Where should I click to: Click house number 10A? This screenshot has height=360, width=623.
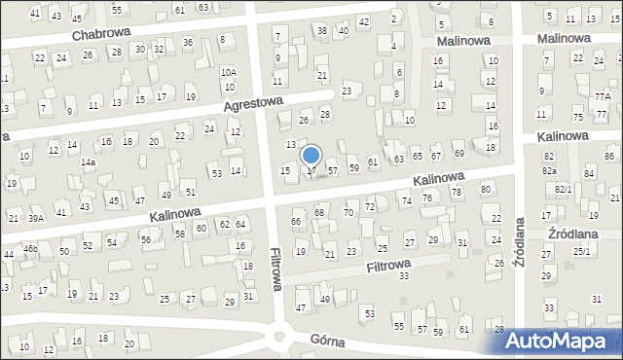[228, 72]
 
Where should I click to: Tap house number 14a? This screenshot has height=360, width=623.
[88, 162]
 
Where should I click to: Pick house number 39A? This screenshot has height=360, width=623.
[36, 219]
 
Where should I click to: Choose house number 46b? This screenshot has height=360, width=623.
[30, 250]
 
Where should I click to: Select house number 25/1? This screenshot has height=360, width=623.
[581, 252]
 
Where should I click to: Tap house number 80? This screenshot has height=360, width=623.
[485, 189]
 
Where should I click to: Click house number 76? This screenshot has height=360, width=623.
[426, 198]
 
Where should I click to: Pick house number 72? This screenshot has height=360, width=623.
[369, 207]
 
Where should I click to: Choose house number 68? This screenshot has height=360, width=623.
[318, 212]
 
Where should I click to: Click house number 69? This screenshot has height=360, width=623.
[459, 154]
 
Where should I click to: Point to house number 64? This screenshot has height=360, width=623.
[240, 225]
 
